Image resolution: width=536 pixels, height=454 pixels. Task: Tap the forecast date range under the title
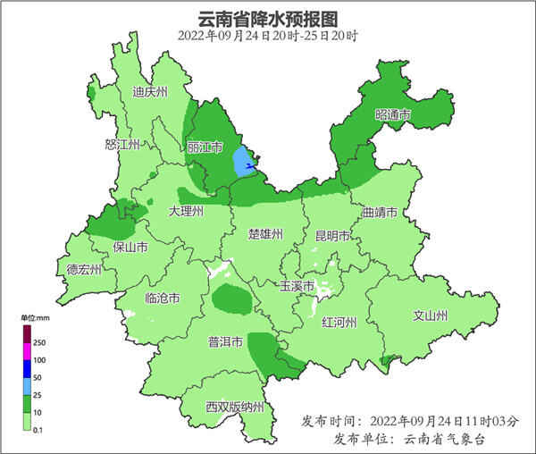[x=268, y=36]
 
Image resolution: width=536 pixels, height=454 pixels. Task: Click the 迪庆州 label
[x=150, y=91]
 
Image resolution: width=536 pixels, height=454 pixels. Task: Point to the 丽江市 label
[x=205, y=147]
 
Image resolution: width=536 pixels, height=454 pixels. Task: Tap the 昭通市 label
[x=393, y=115]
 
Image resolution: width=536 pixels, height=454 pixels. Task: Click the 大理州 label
[x=187, y=211]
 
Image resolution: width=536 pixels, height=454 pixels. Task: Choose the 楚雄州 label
[x=265, y=234]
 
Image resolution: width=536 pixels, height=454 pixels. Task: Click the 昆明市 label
[x=333, y=236]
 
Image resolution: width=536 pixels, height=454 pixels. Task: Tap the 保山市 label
[x=130, y=248]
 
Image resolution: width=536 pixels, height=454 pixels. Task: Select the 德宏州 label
[x=85, y=269]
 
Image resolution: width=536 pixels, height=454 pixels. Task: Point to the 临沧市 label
[x=163, y=298]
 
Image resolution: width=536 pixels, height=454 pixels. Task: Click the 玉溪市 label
[x=297, y=287]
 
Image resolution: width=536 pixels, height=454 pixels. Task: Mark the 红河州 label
[x=339, y=323]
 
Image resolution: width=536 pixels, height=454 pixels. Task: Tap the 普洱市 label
[x=225, y=341]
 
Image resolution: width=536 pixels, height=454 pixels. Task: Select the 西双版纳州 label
[x=235, y=408]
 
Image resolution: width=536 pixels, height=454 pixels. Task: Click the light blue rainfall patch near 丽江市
[x=242, y=161]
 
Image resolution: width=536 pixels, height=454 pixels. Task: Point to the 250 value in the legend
[x=39, y=342]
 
